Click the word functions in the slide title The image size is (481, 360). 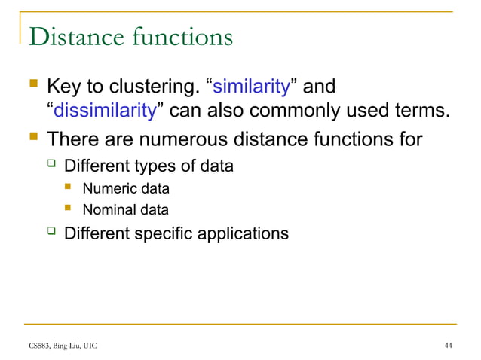pyautogui.click(x=181, y=37)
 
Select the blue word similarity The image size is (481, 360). pyautogui.click(x=253, y=87)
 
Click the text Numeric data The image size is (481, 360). pyautogui.click(x=125, y=188)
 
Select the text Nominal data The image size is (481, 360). pyautogui.click(x=125, y=210)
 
